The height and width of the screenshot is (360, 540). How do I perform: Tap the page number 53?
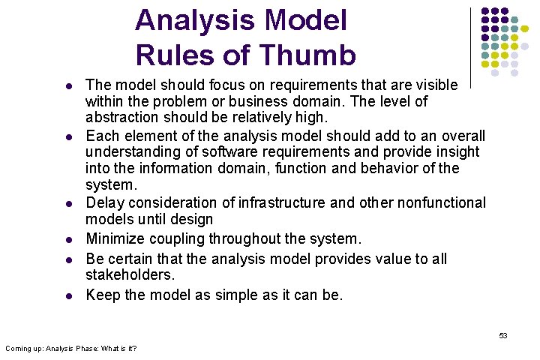503,335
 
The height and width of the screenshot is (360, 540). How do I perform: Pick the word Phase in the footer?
97,348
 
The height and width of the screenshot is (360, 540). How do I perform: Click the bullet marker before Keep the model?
69,295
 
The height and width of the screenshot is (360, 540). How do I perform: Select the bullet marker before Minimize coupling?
69,240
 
